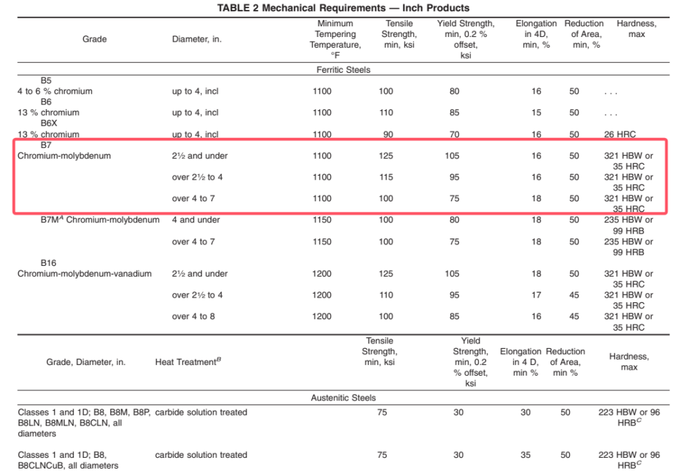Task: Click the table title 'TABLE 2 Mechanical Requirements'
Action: pyautogui.click(x=343, y=8)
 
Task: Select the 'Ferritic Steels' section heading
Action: pyautogui.click(x=343, y=69)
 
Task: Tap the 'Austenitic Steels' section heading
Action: pyautogui.click(x=343, y=398)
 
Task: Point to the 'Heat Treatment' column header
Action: pyautogui.click(x=188, y=362)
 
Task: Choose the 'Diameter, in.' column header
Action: pyautogui.click(x=196, y=39)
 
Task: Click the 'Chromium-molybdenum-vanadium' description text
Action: pyautogui.click(x=85, y=273)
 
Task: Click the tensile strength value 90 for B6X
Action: pyautogui.click(x=388, y=134)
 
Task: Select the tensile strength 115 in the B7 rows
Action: pyautogui.click(x=386, y=177)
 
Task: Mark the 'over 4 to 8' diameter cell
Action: pyautogui.click(x=194, y=316)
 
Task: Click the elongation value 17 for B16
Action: pyautogui.click(x=536, y=295)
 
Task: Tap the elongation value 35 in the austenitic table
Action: pyautogui.click(x=525, y=455)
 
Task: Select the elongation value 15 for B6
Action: pyautogui.click(x=536, y=112)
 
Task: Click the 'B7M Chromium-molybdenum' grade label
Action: pyautogui.click(x=100, y=219)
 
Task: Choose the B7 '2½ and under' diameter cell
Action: pyautogui.click(x=200, y=156)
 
